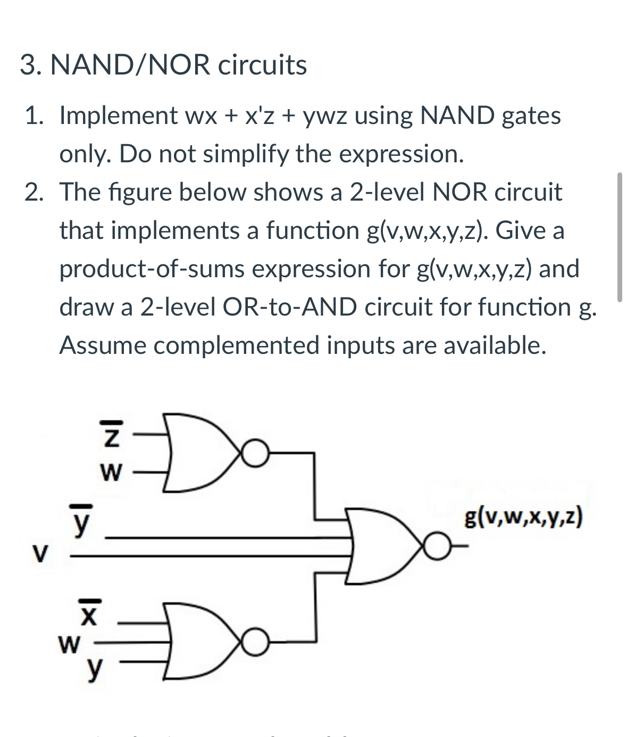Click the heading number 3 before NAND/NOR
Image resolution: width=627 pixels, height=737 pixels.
click(x=27, y=65)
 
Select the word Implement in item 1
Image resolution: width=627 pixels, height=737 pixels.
click(x=118, y=115)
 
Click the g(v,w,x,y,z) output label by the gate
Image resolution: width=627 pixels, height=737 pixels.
click(x=523, y=516)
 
